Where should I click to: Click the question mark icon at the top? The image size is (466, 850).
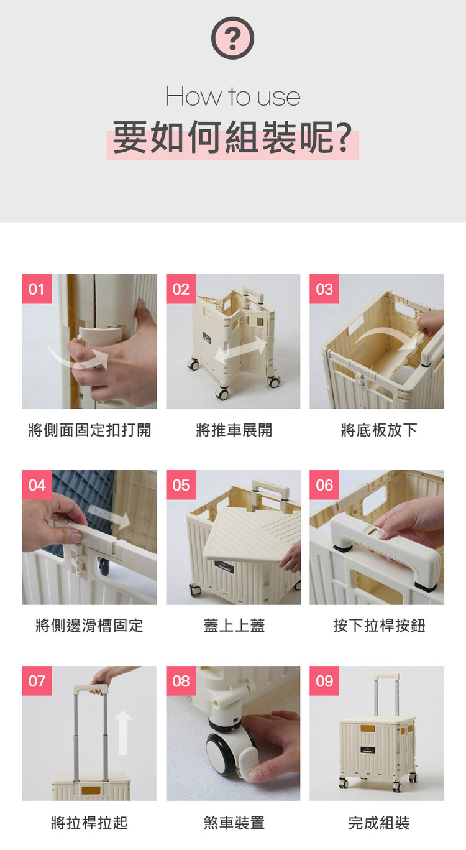pos(232,38)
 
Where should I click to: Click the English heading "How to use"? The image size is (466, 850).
pos(233,96)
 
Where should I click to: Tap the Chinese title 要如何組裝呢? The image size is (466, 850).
pos(232,138)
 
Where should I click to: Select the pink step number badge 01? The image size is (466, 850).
pos(37,289)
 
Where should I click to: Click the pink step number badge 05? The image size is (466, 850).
pos(181,485)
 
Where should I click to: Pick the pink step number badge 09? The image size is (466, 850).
pos(324,681)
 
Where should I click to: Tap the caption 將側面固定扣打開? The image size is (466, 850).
pos(89,430)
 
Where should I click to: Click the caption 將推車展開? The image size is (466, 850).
pos(234,430)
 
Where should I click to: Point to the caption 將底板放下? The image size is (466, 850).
pos(379,430)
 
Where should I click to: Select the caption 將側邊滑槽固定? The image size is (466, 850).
pos(89,626)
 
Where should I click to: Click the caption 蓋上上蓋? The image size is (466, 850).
pos(234,626)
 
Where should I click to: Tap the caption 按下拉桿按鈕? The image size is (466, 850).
pos(379,626)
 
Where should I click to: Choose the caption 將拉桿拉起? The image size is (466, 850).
pos(89,823)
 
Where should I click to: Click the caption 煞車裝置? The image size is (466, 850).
pos(234,823)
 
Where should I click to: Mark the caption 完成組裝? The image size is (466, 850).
pos(379,823)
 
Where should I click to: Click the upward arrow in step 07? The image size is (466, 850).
pos(123,732)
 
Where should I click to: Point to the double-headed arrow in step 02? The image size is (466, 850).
pos(240,350)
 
